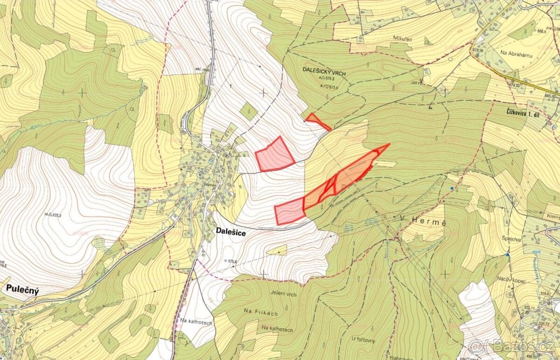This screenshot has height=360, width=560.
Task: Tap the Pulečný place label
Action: click(x=22, y=289)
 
